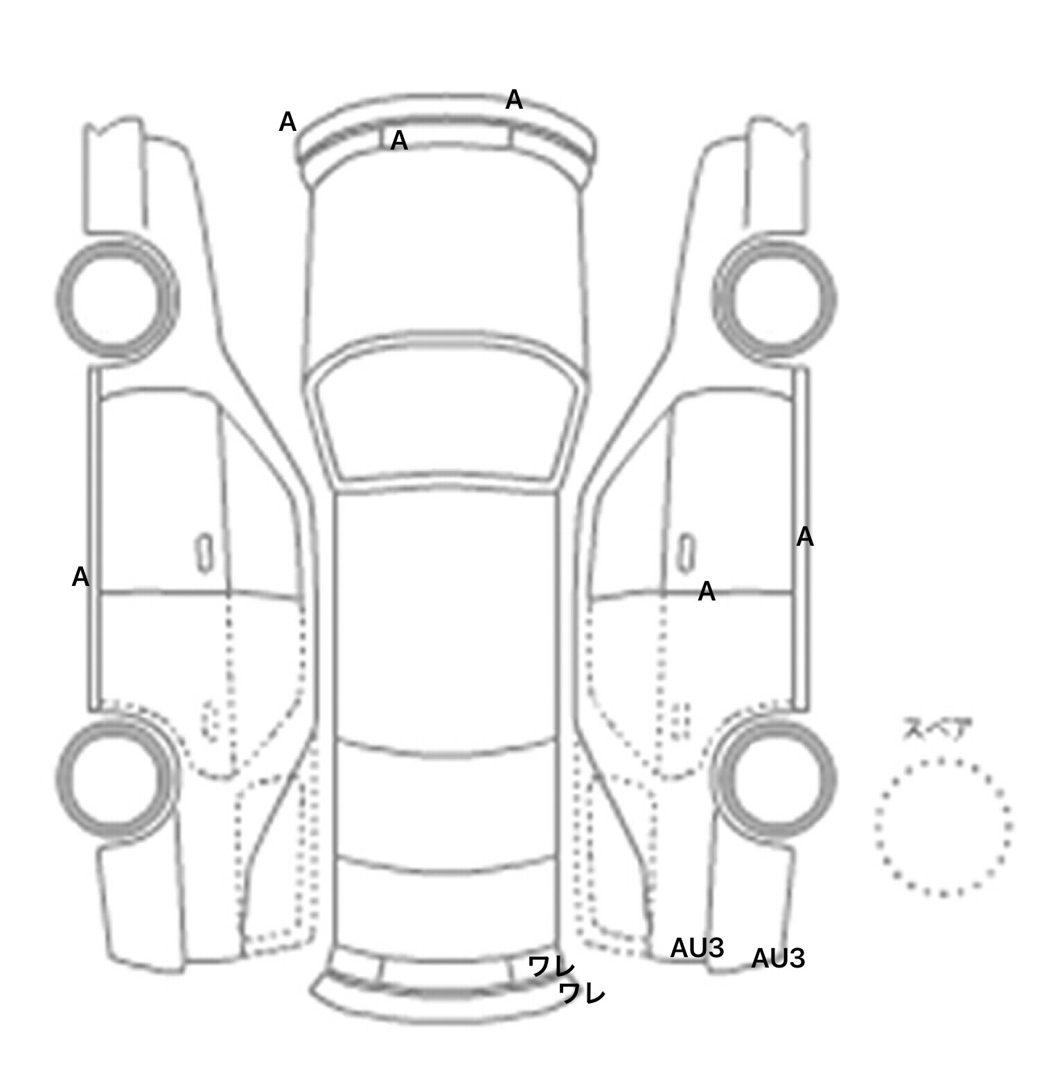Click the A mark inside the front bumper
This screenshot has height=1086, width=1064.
[x=399, y=141]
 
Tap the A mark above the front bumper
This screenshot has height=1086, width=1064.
[x=513, y=100]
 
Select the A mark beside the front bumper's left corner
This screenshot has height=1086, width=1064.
[x=287, y=123]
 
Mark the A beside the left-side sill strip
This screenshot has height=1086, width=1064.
[x=81, y=577]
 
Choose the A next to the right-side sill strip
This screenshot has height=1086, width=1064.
[x=804, y=537]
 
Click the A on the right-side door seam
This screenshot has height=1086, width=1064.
[x=706, y=592]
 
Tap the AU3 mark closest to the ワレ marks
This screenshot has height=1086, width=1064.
[x=697, y=948]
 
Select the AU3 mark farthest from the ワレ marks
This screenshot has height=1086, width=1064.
[x=778, y=959]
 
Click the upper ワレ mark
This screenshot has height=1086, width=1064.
[x=551, y=966]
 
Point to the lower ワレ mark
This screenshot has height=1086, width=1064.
[x=582, y=993]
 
